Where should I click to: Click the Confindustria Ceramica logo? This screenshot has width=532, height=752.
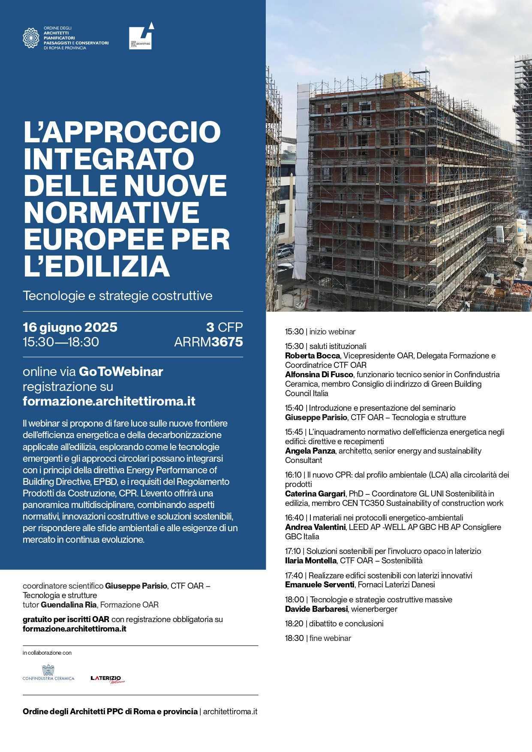point(48,672)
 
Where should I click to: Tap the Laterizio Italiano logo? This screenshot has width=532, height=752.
point(107,679)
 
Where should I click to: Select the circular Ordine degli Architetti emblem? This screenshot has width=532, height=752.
point(31,38)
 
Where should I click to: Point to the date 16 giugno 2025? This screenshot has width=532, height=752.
point(70,328)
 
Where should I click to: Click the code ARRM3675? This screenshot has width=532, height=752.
point(208,342)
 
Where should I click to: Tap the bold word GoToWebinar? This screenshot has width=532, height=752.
point(121,372)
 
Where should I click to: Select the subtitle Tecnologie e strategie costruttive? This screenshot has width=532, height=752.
point(117,296)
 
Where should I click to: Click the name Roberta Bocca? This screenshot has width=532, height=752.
point(312,356)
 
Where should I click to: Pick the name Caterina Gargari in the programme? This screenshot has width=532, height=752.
point(315,494)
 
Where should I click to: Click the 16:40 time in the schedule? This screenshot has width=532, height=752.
point(294,518)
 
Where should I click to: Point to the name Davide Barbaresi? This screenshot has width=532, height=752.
point(316,609)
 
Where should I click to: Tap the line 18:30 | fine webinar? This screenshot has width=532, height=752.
point(318,638)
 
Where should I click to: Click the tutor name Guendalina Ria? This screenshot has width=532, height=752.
point(69,605)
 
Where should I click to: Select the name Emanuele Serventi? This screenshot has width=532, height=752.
point(319,585)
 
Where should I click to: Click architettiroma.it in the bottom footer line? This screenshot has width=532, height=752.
point(230,712)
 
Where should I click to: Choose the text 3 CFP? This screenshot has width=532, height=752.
point(224,328)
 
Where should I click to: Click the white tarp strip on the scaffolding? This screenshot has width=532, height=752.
point(303,171)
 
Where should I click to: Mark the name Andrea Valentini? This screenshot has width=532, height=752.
point(315,527)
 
